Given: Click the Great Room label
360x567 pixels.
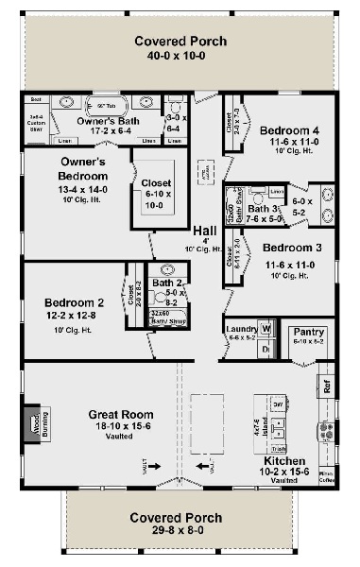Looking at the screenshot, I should tap(121, 414).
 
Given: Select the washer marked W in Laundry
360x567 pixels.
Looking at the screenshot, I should tap(266, 329).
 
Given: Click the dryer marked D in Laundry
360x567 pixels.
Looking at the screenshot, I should tap(266, 349).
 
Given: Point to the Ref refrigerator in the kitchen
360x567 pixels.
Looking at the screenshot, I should tap(327, 386).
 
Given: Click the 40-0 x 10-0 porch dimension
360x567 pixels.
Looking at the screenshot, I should tap(179, 56).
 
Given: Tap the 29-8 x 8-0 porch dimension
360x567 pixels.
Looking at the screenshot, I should tap(177, 533).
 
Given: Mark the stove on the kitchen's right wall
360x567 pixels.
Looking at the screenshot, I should tap(328, 431).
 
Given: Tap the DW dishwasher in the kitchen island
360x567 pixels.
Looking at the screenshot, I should tap(278, 404).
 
